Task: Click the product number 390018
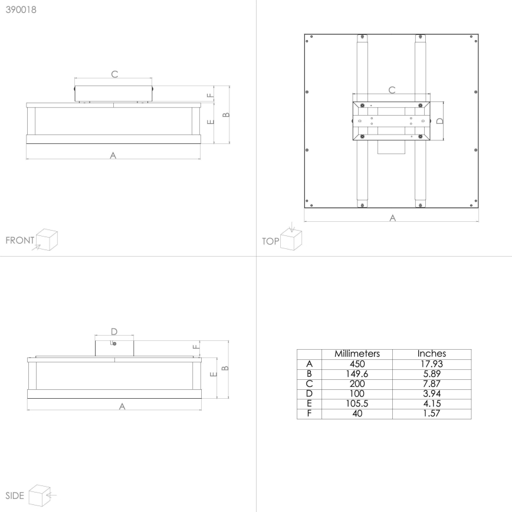[x=21, y=10]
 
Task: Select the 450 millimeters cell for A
[x=357, y=364]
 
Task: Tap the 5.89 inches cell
[x=432, y=374]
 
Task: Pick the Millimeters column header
[x=357, y=354]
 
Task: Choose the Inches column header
[x=432, y=354]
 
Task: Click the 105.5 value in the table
[x=357, y=403]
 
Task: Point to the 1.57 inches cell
[x=432, y=413]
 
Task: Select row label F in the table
[x=309, y=413]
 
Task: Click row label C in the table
[x=309, y=383]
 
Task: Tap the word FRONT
[x=20, y=240]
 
